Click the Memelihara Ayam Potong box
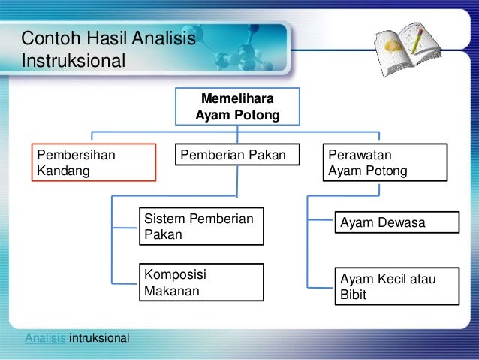(237, 107)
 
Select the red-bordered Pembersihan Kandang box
(94, 162)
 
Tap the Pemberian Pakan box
(237, 155)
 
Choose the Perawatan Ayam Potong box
(385, 162)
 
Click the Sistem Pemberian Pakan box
(202, 226)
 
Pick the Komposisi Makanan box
(202, 283)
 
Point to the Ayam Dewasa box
(397, 222)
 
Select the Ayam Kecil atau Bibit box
(397, 286)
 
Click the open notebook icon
(408, 49)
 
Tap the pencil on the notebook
(417, 41)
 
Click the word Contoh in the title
(51, 38)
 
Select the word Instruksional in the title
(74, 61)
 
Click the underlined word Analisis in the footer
(45, 338)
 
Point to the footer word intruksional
(99, 338)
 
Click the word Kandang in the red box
(63, 171)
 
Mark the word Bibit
(353, 295)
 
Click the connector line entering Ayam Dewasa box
(320, 219)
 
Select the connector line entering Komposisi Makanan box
(125, 283)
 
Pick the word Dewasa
(402, 222)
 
